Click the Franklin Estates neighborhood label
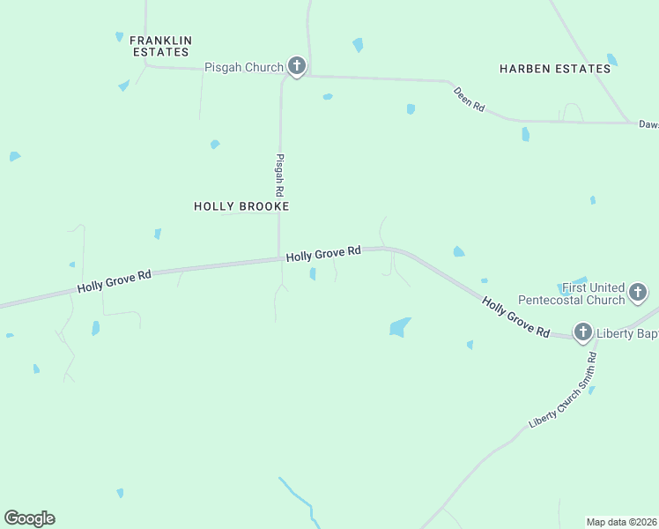coord(160,46)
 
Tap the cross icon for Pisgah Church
coord(297,66)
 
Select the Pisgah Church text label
coord(244,67)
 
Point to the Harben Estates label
coord(555,69)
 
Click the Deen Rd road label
coord(470,99)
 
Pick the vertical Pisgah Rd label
coord(280,175)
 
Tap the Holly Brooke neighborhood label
coord(241,206)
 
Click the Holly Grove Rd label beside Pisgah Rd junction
coord(323,253)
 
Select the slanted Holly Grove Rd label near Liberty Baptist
coord(516,317)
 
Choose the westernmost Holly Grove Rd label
coord(115,281)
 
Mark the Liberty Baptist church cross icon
coord(582,332)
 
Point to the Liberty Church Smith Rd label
coord(563,391)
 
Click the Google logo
coord(29,518)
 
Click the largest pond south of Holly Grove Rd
coord(400,327)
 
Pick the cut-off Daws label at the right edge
coord(648,124)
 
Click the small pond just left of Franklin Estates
coord(119,37)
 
